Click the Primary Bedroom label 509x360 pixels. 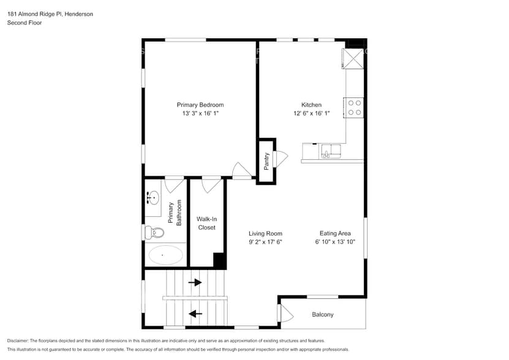coord(200,105)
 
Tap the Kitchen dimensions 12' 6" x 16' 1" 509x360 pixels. coord(311,113)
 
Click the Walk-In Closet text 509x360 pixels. coord(206,223)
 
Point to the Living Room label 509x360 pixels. coord(265,233)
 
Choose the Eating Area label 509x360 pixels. coord(335,233)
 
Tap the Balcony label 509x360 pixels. coord(323,315)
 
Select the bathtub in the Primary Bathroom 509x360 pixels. coord(165,255)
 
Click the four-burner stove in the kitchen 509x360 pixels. coord(355,108)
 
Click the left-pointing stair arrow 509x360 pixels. coord(195,314)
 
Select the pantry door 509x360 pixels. coord(281,158)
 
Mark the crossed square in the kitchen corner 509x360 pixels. coord(355,59)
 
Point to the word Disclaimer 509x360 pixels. coord(18,340)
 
